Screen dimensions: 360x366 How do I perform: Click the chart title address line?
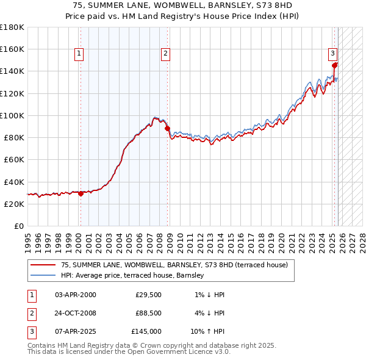pyautogui.click(x=182, y=4)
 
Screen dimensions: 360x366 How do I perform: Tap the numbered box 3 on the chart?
pyautogui.click(x=332, y=53)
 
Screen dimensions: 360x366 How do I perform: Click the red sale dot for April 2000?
pyautogui.click(x=81, y=193)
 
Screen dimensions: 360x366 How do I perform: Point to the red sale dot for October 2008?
pyautogui.click(x=168, y=128)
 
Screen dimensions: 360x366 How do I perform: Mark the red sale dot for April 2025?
pyautogui.click(x=334, y=65)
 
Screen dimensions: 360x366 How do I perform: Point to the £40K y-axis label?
pyautogui.click(x=14, y=182)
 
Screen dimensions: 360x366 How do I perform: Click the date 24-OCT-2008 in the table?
pyautogui.click(x=75, y=313)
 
